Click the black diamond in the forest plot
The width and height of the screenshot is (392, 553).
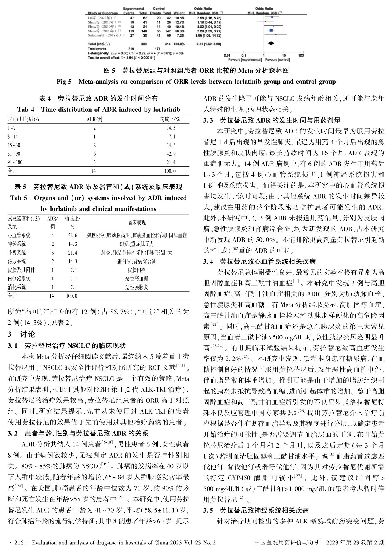click(271, 43)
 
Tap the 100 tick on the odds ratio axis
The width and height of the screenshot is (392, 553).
click(301, 56)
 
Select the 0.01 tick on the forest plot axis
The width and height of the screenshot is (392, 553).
click(227, 56)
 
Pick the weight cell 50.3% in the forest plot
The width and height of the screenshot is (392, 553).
click(179, 31)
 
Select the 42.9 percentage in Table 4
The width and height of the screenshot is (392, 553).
click(171, 154)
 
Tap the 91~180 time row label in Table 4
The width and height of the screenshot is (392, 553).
click(15, 162)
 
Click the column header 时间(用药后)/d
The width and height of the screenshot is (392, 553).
click(24, 119)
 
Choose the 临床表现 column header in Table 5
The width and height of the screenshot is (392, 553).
click(137, 222)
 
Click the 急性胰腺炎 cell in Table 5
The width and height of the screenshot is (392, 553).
click(137, 287)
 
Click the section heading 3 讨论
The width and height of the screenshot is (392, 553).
click(21, 334)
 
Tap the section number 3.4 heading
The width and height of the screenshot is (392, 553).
click(208, 261)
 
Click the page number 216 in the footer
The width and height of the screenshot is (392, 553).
click(19, 543)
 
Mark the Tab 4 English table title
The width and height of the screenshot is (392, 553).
click(98, 109)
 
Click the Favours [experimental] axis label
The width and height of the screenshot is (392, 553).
click(245, 60)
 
